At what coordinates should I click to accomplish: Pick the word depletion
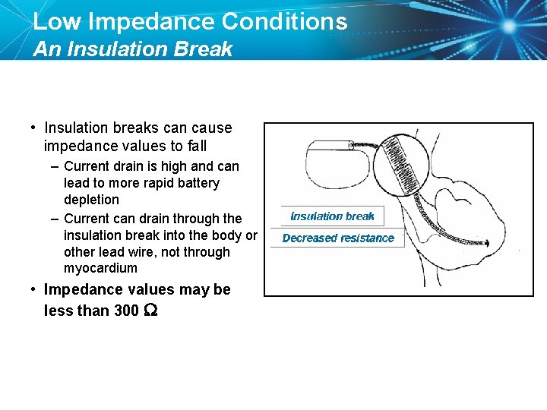[91, 200]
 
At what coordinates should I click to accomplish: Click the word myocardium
[100, 268]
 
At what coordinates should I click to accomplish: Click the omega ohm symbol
[150, 311]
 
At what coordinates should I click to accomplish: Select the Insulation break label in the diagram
[332, 216]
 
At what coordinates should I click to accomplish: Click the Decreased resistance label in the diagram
[338, 238]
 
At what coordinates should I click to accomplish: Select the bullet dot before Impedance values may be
[33, 290]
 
